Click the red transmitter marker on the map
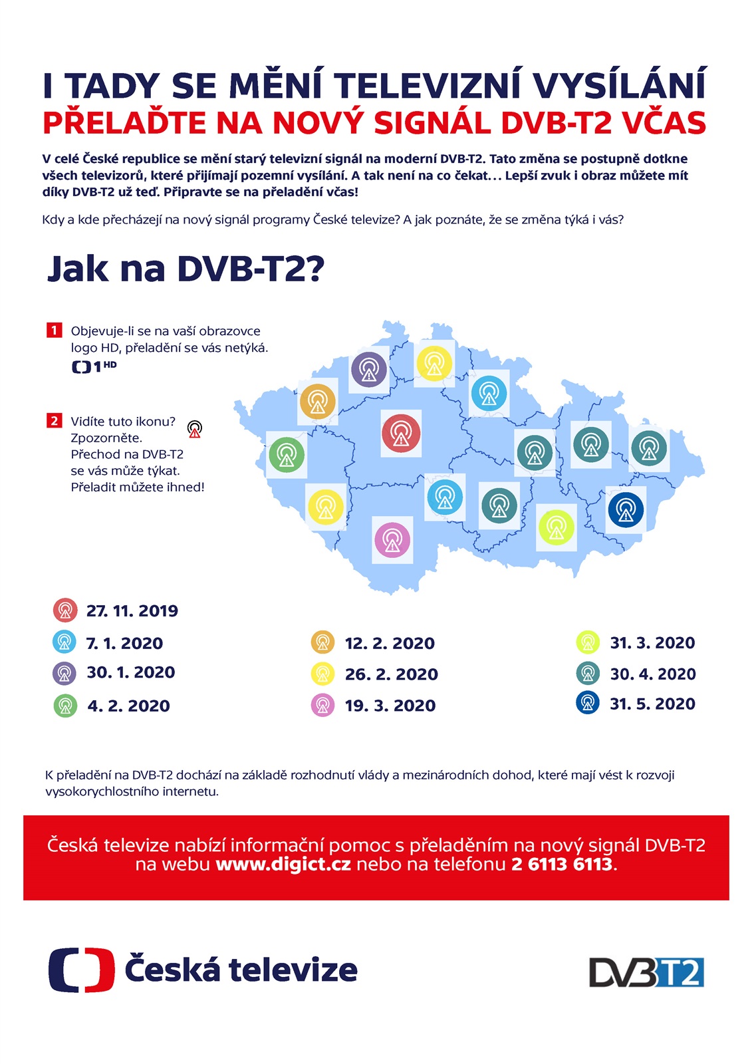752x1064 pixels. pyautogui.click(x=401, y=433)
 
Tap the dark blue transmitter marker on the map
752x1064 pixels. pyautogui.click(x=626, y=510)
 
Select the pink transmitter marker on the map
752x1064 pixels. pyautogui.click(x=392, y=539)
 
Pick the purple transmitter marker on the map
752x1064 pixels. pyautogui.click(x=369, y=369)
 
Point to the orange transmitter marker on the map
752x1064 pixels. pyautogui.click(x=318, y=402)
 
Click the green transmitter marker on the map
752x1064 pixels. pyautogui.click(x=287, y=455)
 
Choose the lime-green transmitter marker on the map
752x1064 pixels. pyautogui.click(x=556, y=527)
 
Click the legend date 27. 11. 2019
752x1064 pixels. pyautogui.click(x=132, y=611)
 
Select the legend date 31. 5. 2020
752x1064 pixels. pyautogui.click(x=652, y=704)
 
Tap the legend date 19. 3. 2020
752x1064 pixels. pyautogui.click(x=390, y=706)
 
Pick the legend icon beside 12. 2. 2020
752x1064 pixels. pyautogui.click(x=322, y=642)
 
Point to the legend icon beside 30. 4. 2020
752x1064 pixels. pyautogui.click(x=588, y=673)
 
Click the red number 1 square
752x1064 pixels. pyautogui.click(x=54, y=330)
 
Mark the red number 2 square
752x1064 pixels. pyautogui.click(x=54, y=420)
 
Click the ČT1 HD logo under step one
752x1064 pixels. pyautogui.click(x=94, y=366)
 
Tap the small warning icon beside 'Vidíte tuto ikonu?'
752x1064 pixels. pyautogui.click(x=194, y=428)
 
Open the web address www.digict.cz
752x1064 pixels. pyautogui.click(x=283, y=864)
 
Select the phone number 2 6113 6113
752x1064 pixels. pyautogui.click(x=562, y=864)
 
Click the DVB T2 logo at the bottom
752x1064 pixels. pyautogui.click(x=646, y=972)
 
